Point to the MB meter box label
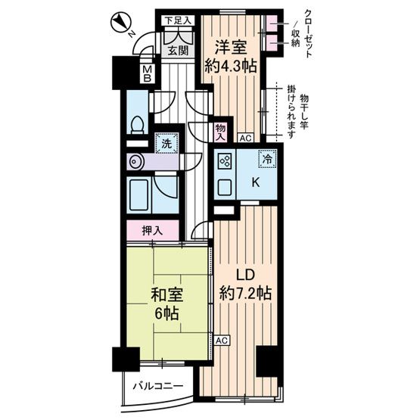(x=149, y=74)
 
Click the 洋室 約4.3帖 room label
(x=232, y=55)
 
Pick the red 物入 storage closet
(x=219, y=133)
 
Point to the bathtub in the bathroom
(x=141, y=196)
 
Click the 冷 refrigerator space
(x=266, y=160)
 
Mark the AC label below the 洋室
(x=244, y=138)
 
